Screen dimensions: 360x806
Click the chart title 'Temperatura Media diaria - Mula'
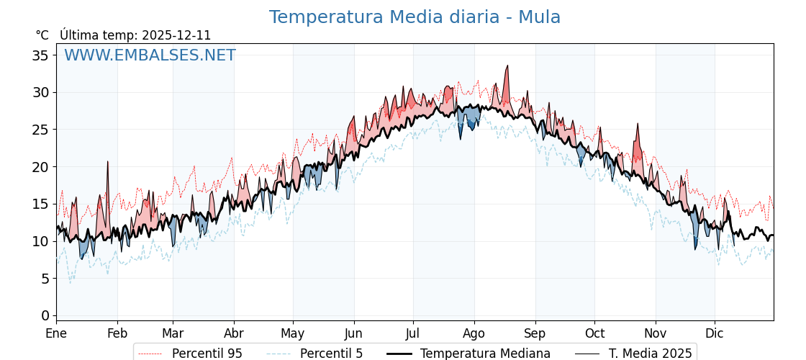415,17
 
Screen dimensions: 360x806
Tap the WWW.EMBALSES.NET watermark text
150,55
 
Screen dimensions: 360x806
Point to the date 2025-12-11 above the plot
176,35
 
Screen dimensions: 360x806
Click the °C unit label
42,35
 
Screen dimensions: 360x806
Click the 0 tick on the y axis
45,315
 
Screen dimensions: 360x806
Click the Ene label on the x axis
56,333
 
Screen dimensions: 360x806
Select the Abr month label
234,333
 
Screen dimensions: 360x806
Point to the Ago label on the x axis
474,333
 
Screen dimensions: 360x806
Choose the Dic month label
715,333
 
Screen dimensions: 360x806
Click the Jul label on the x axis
413,333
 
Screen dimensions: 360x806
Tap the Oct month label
594,333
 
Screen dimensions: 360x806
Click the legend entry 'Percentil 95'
207,354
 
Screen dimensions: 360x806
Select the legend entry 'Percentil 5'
331,354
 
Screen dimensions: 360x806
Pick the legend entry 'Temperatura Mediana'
485,354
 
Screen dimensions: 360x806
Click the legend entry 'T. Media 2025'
650,354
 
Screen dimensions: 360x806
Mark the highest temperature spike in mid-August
507,66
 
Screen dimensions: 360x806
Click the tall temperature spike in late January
108,162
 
